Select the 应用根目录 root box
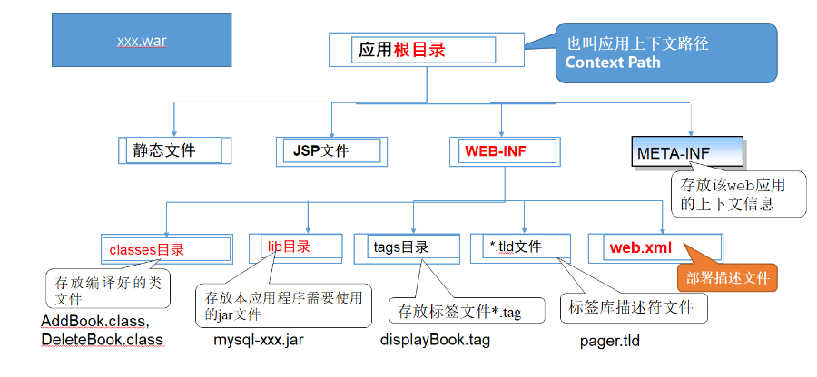(x=425, y=51)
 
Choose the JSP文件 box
(x=330, y=150)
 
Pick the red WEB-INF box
(x=503, y=150)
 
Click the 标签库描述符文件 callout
(x=633, y=307)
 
